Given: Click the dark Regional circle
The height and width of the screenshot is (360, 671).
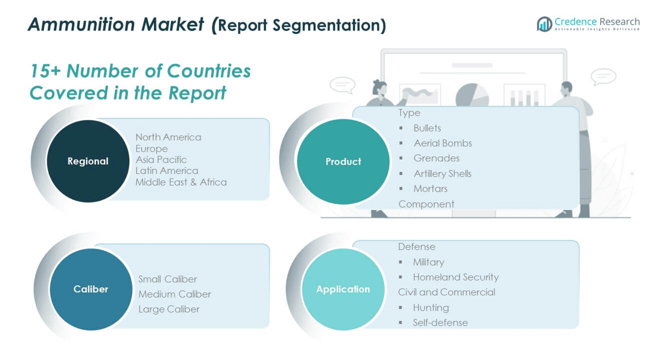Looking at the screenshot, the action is tap(88, 161).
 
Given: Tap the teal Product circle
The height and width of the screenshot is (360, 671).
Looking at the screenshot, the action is tap(343, 162).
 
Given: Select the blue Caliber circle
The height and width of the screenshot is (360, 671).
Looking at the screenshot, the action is tap(91, 289).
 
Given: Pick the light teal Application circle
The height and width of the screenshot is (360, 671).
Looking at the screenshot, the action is tap(343, 289).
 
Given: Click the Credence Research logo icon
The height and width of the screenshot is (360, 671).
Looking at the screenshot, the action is tap(544, 24).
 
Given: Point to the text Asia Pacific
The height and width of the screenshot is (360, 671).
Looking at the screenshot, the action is tap(161, 160).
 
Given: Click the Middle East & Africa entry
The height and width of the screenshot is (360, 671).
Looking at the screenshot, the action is tap(181, 182).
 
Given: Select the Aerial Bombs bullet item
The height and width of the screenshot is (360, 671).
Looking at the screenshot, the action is tap(443, 143).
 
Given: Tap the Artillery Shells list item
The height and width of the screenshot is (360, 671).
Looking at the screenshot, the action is tap(443, 174).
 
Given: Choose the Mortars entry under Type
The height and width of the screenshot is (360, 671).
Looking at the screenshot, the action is tap(431, 189).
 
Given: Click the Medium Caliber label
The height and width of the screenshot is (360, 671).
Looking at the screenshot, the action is tap(175, 294).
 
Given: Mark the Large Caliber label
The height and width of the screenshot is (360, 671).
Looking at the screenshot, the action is tap(169, 309).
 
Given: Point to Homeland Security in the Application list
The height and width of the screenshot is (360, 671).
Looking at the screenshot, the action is tap(456, 277).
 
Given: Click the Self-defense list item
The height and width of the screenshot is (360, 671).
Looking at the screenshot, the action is tap(441, 323).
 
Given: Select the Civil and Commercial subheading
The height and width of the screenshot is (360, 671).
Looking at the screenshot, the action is tap(447, 292).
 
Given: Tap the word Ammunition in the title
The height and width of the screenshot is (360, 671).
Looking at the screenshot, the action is tap(82, 24).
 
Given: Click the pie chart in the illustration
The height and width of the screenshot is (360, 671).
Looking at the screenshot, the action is tap(472, 95).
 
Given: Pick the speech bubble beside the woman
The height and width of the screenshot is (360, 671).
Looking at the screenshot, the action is tap(343, 85).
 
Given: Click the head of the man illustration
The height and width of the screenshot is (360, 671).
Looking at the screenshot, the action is tap(566, 88).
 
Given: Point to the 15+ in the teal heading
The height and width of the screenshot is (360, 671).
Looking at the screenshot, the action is tap(45, 71).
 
